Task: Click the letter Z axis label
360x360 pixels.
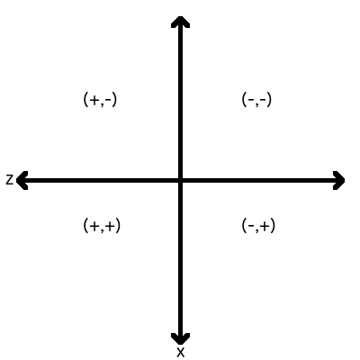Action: pyautogui.click(x=10, y=180)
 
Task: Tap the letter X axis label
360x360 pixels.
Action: pyautogui.click(x=180, y=352)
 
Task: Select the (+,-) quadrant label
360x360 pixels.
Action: pyautogui.click(x=100, y=100)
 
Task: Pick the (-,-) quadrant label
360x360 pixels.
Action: pyautogui.click(x=256, y=100)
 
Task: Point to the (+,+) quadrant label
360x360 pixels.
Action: pyautogui.click(x=102, y=226)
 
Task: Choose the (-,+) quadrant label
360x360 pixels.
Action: pyautogui.click(x=258, y=226)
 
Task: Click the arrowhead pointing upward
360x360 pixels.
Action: pyautogui.click(x=180, y=22)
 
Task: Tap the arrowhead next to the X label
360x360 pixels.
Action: pyautogui.click(x=180, y=338)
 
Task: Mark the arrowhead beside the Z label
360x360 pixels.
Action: pyautogui.click(x=22, y=180)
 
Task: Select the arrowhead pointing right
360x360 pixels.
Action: pyautogui.click(x=339, y=180)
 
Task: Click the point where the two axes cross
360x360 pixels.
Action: pyautogui.click(x=180, y=180)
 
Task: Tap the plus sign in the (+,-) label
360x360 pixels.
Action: pyautogui.click(x=94, y=100)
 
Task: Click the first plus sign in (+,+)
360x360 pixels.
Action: pyautogui.click(x=94, y=226)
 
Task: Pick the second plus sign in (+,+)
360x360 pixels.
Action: pyautogui.click(x=111, y=226)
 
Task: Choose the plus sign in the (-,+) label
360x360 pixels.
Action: pyautogui.click(x=265, y=226)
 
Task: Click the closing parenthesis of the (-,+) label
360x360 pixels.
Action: pyautogui.click(x=274, y=226)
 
